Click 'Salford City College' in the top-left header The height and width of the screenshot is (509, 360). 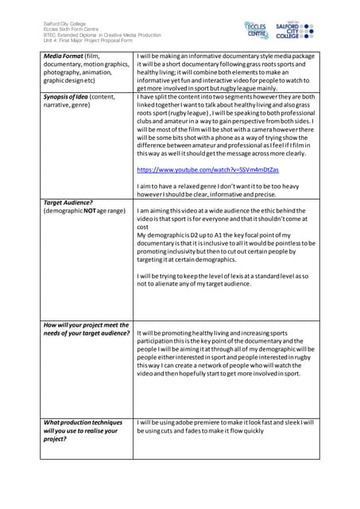coord(65,23)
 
